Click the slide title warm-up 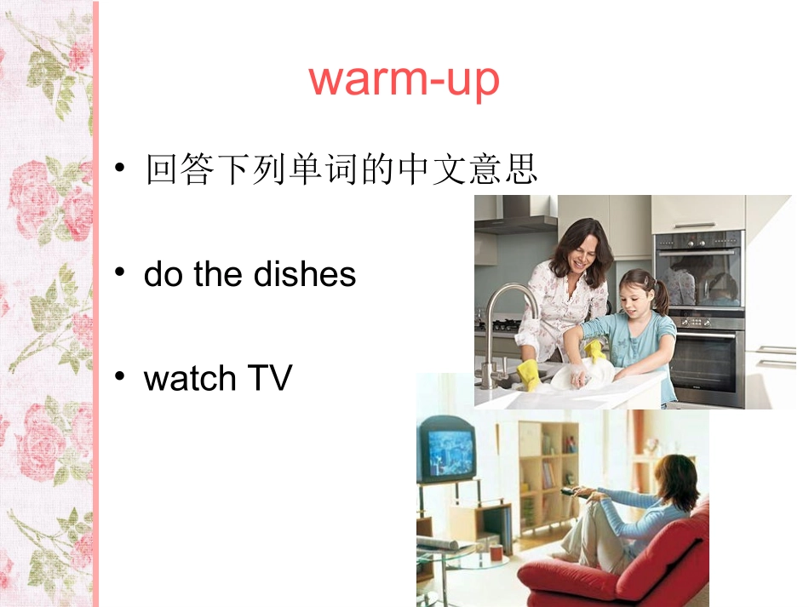(404, 79)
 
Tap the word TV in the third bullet (268, 378)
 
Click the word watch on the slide (189, 378)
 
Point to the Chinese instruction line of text (341, 169)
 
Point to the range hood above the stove (519, 220)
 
